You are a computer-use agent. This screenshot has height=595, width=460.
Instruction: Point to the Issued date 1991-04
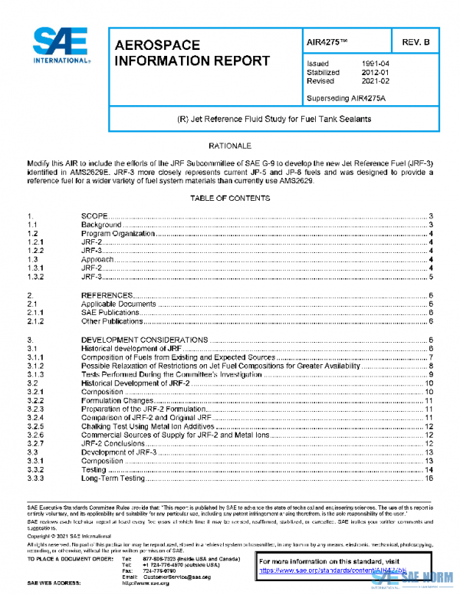(x=375, y=64)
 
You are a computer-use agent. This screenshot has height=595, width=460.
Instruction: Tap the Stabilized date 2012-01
(x=375, y=72)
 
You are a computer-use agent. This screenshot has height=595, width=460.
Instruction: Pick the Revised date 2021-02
(x=375, y=81)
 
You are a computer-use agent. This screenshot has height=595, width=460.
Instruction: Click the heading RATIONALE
(x=230, y=145)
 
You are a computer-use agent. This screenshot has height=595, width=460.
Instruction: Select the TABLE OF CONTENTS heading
(x=230, y=199)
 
